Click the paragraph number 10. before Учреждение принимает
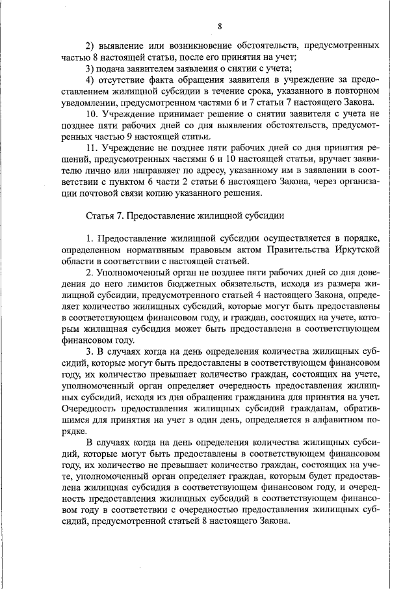point(92,115)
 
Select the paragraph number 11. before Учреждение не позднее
point(92,148)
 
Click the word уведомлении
point(90,103)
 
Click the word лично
point(86,171)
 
